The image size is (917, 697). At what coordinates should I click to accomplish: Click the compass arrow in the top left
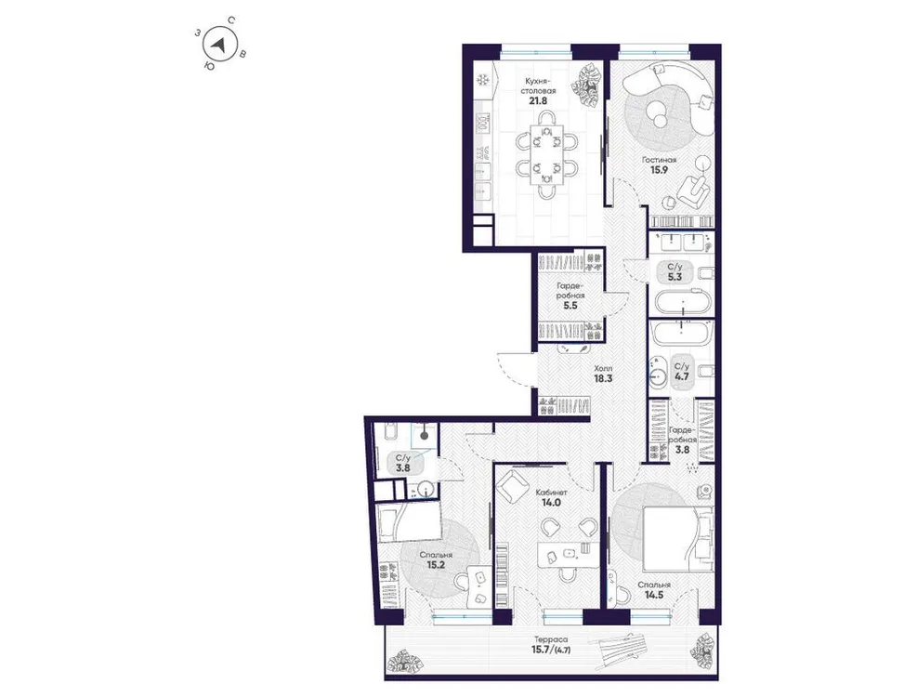pos(219,44)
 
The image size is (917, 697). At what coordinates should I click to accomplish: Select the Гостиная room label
pos(657,160)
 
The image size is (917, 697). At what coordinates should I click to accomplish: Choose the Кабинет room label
pos(552,493)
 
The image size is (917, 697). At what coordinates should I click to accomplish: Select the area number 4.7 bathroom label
pos(681,377)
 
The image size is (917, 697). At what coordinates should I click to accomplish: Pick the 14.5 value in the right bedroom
pos(654,598)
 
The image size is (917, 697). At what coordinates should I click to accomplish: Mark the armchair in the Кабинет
pos(513,485)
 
